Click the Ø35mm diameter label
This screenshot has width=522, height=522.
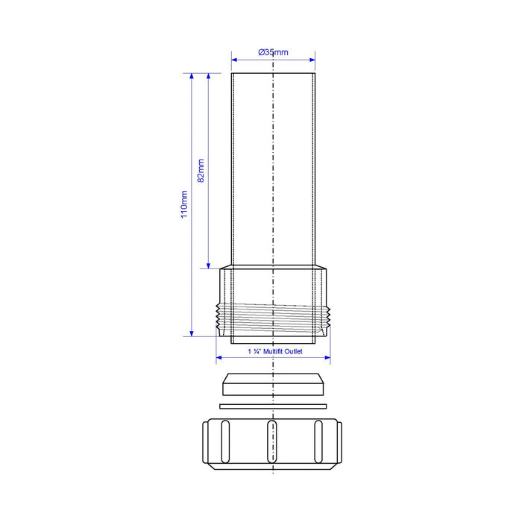click(273, 52)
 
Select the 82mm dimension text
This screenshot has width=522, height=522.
click(201, 171)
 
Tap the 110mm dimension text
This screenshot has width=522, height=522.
click(184, 204)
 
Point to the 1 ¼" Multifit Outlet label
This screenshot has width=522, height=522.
click(275, 351)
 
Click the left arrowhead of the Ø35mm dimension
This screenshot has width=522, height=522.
click(234, 60)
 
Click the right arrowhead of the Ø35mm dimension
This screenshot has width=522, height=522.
click(312, 60)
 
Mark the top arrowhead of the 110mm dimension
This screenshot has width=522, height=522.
click(192, 76)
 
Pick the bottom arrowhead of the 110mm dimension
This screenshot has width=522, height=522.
click(192, 333)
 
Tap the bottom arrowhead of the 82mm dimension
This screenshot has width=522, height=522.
click(208, 265)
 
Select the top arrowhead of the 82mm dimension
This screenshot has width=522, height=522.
click(208, 76)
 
